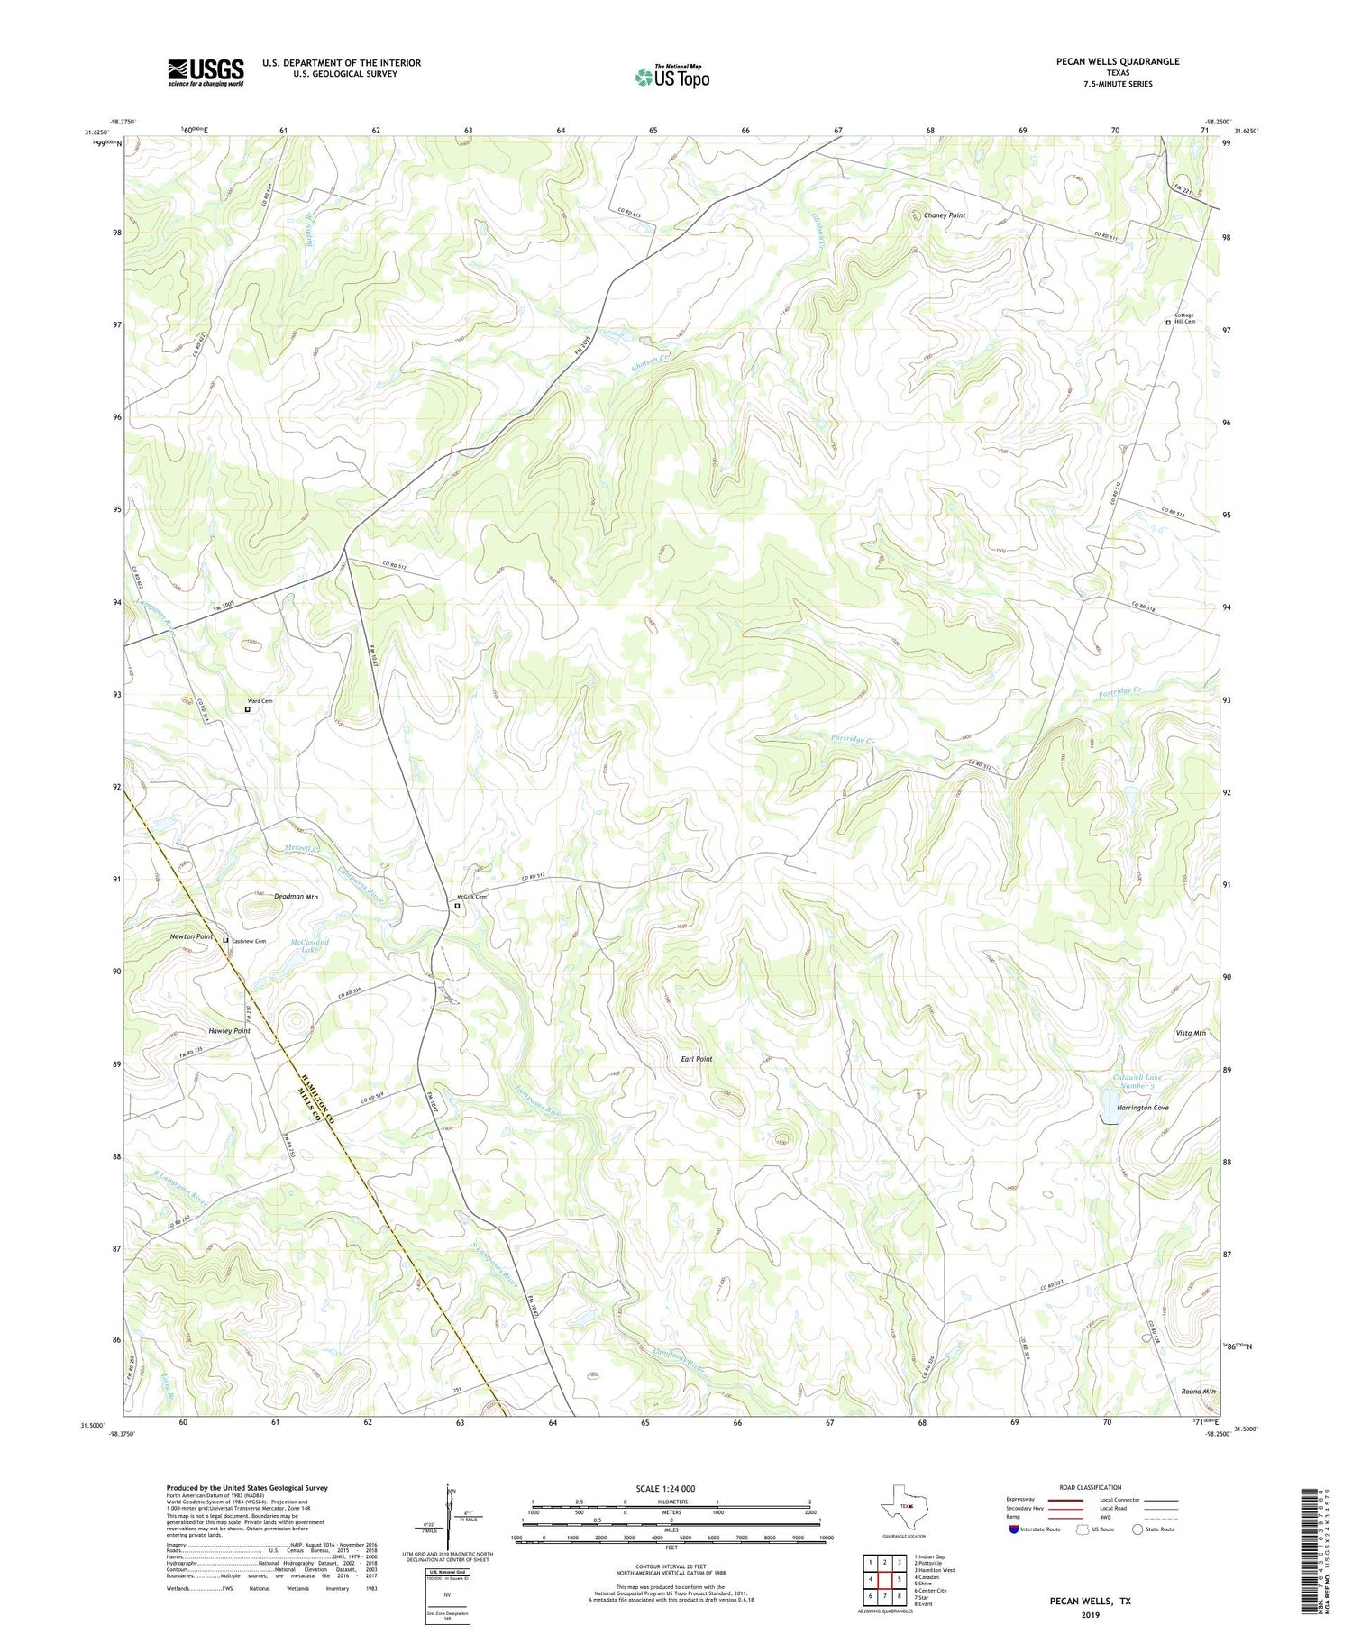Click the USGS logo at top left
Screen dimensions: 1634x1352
coord(206,72)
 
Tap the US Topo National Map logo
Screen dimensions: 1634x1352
coord(671,77)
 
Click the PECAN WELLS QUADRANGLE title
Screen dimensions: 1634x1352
coord(1118,61)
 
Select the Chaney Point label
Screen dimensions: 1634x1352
coord(944,215)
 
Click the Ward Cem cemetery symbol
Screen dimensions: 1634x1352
coord(248,709)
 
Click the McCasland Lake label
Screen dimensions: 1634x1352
coord(309,945)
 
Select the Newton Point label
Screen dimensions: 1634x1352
coord(192,936)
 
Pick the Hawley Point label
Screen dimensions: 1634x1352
coord(229,1030)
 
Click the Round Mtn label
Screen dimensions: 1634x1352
coord(1198,1392)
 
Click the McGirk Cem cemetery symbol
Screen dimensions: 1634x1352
coord(457,908)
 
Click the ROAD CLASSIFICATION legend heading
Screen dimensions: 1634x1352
coord(1091,1487)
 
